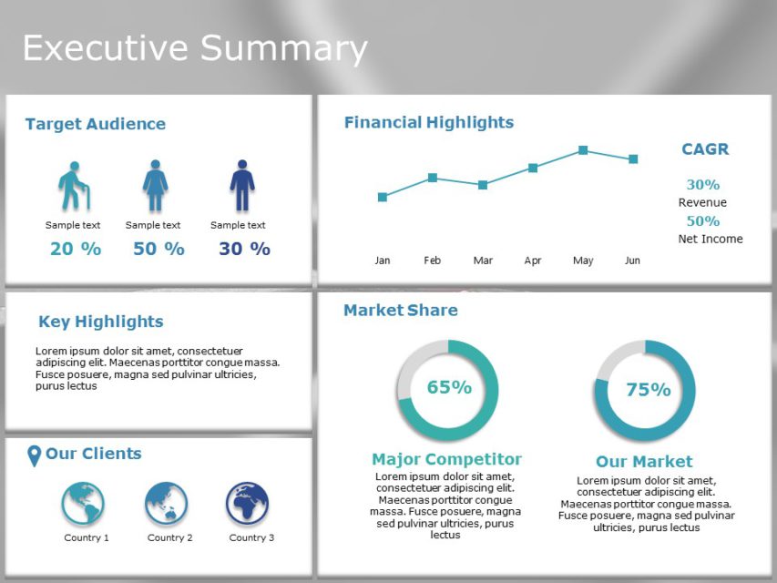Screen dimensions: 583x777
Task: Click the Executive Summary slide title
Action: pyautogui.click(x=195, y=48)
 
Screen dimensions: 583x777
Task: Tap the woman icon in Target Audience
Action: pyautogui.click(x=155, y=187)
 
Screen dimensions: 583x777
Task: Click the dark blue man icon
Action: pyautogui.click(x=242, y=187)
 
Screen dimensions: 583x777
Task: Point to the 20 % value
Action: pyautogui.click(x=75, y=249)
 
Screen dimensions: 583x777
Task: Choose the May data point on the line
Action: pyautogui.click(x=583, y=150)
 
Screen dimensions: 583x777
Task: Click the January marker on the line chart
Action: pyautogui.click(x=383, y=197)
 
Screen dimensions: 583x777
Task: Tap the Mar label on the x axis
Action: pyautogui.click(x=483, y=261)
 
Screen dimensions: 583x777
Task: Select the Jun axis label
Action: pyautogui.click(x=632, y=261)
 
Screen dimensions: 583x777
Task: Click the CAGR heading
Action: pyautogui.click(x=705, y=149)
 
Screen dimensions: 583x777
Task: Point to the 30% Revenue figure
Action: pyautogui.click(x=702, y=185)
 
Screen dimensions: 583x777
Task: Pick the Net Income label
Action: pyautogui.click(x=711, y=239)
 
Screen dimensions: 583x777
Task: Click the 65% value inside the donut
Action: pyautogui.click(x=449, y=387)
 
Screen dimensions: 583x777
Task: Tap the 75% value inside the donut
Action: pyautogui.click(x=648, y=390)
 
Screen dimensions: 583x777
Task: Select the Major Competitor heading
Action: pyautogui.click(x=446, y=459)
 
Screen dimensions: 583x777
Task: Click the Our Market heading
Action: pyautogui.click(x=644, y=462)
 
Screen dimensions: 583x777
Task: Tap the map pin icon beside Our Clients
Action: pyautogui.click(x=35, y=455)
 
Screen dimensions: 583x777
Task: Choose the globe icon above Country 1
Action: pyautogui.click(x=83, y=504)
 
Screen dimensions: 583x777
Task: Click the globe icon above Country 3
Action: pyautogui.click(x=248, y=504)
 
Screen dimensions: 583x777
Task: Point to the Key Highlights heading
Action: pyautogui.click(x=100, y=322)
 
